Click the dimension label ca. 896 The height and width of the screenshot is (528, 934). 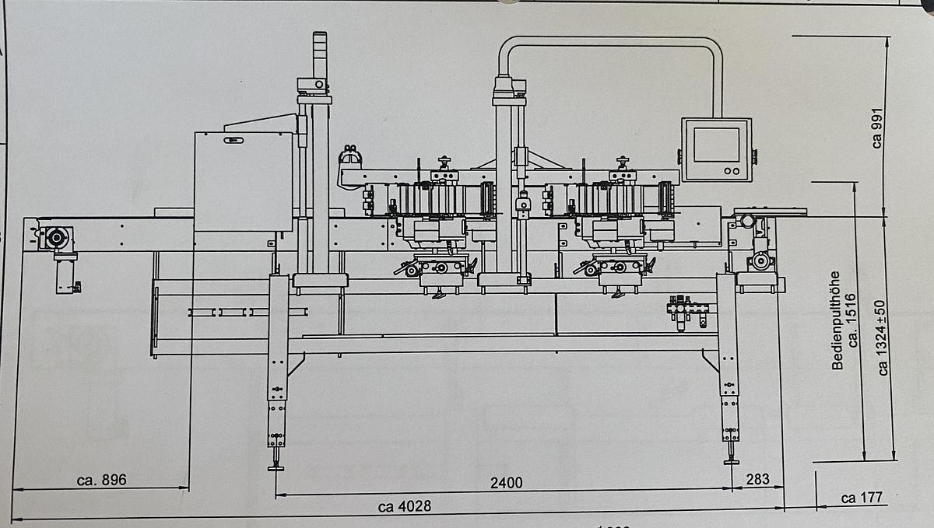coord(101,480)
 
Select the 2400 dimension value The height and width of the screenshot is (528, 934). coord(506,483)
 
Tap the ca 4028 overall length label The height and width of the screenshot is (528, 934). coord(405,507)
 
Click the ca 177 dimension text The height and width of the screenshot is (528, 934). coord(862,498)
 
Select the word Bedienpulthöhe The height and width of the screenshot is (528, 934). coord(837,320)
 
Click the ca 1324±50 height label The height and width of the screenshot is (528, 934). coord(883,338)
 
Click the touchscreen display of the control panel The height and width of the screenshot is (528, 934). coord(716,145)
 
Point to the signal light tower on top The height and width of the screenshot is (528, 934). coord(320,54)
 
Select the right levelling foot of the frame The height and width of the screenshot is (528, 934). coord(731,460)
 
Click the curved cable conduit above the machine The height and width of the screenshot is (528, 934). coord(611,41)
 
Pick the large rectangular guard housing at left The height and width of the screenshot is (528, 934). coord(243,181)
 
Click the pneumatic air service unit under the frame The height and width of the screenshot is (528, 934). coord(685,309)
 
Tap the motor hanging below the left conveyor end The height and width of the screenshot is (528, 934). coord(66,276)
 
